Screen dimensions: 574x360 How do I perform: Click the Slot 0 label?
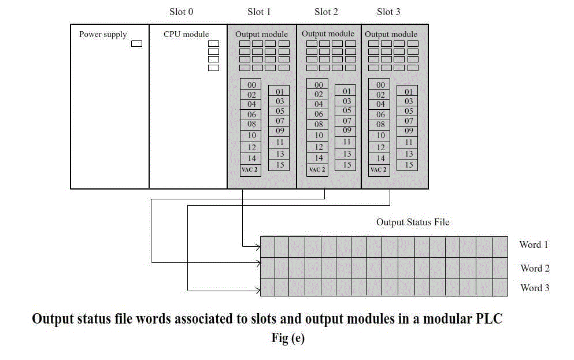[181, 12]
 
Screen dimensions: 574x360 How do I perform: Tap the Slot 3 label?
[388, 12]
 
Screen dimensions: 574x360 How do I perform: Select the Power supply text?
[103, 35]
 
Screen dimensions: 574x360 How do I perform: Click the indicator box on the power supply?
[136, 43]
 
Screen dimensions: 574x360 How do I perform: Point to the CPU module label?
[186, 34]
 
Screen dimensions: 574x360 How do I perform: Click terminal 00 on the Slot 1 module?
[251, 85]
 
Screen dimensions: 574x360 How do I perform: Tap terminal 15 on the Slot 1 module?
[280, 165]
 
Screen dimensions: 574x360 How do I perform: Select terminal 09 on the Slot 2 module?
[347, 130]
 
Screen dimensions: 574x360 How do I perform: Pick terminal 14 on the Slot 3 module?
[381, 158]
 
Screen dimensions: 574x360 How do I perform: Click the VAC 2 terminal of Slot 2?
[317, 170]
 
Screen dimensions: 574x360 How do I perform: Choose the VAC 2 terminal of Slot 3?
[379, 170]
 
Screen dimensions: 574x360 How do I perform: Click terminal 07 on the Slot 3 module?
[409, 121]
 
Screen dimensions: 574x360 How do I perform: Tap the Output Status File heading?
[413, 222]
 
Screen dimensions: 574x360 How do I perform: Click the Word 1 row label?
[534, 244]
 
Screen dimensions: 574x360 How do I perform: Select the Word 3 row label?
[535, 288]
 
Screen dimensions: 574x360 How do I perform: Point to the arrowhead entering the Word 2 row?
[258, 262]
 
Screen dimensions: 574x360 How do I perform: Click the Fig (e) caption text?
[288, 337]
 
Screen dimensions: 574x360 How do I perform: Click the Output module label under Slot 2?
[328, 34]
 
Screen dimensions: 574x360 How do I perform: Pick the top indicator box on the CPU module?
[213, 43]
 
